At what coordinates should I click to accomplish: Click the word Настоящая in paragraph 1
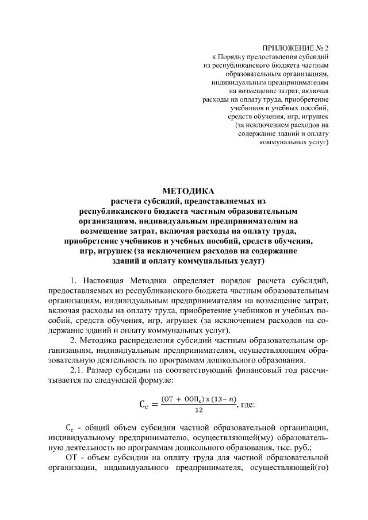click(106, 280)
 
